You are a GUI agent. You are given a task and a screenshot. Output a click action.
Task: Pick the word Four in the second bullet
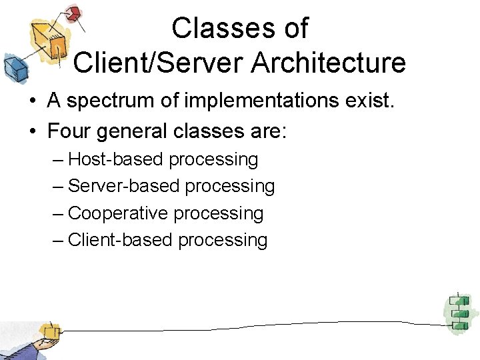pyautogui.click(x=69, y=131)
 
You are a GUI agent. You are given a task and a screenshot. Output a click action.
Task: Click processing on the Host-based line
pyautogui.click(x=213, y=160)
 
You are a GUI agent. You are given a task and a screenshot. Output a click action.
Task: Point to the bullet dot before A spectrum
pyautogui.click(x=31, y=102)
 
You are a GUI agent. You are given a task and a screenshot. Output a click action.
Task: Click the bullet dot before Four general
pyautogui.click(x=31, y=131)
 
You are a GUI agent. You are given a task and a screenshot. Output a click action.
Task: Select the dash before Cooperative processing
pyautogui.click(x=58, y=213)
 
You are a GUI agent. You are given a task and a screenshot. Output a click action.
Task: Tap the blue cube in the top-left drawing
pyautogui.click(x=13, y=67)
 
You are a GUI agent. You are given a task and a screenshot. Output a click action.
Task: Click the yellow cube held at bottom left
pyautogui.click(x=49, y=331)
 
